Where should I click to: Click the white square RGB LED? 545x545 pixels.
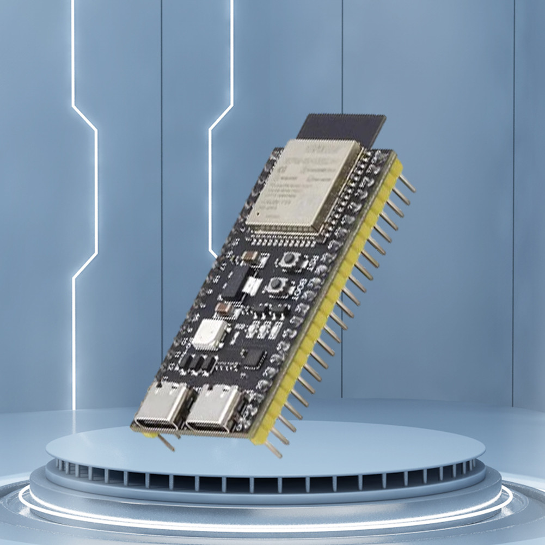click(x=209, y=334)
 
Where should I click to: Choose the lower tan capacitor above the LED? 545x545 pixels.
click(x=224, y=310)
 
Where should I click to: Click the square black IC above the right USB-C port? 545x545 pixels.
click(x=254, y=358)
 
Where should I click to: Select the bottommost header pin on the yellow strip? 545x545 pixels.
click(x=273, y=450)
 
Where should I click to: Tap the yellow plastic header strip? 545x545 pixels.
click(x=327, y=305)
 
